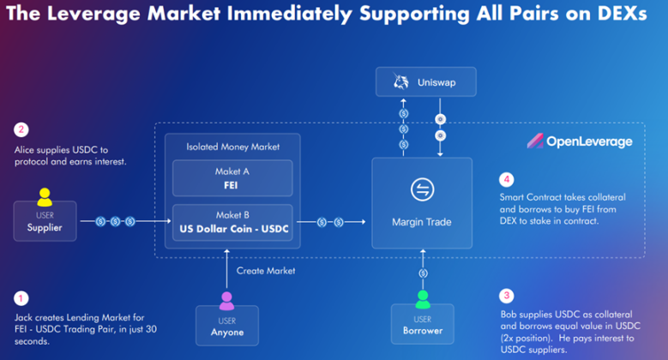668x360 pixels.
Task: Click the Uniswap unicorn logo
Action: click(x=400, y=81)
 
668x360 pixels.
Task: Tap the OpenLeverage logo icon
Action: click(x=535, y=141)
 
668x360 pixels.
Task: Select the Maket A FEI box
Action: click(x=232, y=178)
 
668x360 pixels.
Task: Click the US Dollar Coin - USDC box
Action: click(x=232, y=222)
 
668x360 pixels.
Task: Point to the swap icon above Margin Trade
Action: click(x=422, y=189)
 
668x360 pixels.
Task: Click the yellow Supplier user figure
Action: click(x=45, y=197)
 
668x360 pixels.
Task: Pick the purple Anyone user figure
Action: click(x=226, y=301)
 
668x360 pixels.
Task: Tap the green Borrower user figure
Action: click(x=423, y=299)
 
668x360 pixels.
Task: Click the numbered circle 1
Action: click(x=21, y=298)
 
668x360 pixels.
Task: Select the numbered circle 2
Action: click(x=21, y=129)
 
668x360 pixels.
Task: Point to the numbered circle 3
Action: click(x=507, y=296)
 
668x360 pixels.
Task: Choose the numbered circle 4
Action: click(x=507, y=179)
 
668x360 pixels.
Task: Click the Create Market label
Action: click(x=266, y=271)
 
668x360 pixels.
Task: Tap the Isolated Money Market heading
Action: click(x=232, y=147)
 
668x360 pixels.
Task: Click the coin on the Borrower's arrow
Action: click(x=423, y=273)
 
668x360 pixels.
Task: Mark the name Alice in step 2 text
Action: click(x=24, y=150)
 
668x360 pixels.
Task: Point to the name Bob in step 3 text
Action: click(x=509, y=315)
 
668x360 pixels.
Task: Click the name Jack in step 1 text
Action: click(x=23, y=317)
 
